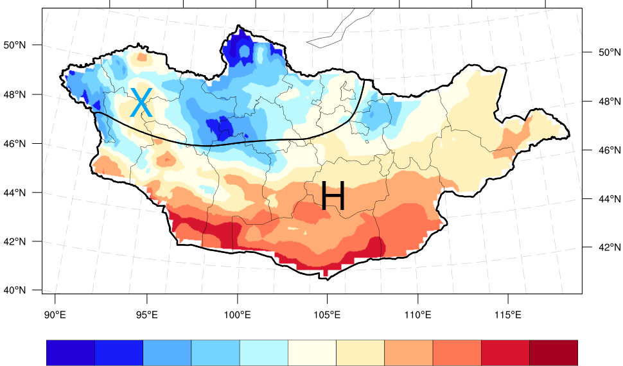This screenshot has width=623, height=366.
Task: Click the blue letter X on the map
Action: pos(141,103)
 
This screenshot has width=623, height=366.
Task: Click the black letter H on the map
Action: pos(333,196)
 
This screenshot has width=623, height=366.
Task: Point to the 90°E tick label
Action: pos(55,315)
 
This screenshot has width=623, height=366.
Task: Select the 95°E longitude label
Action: pos(146,315)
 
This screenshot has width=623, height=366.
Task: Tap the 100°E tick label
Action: pos(238,315)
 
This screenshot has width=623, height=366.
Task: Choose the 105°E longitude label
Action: pos(327,315)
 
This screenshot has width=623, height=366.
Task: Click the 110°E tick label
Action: pos(417,315)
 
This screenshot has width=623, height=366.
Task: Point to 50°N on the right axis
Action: pos(604,52)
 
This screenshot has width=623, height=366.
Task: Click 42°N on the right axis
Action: pos(604,247)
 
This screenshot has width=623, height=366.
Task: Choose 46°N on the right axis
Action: pos(604,150)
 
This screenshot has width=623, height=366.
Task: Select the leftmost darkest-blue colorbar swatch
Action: pos(71,353)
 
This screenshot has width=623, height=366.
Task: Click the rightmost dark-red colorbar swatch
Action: pos(554,353)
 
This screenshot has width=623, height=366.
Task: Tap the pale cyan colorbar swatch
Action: pos(263,353)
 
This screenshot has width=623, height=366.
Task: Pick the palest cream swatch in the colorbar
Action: pos(312,353)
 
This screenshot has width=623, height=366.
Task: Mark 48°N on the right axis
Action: pos(604,101)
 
